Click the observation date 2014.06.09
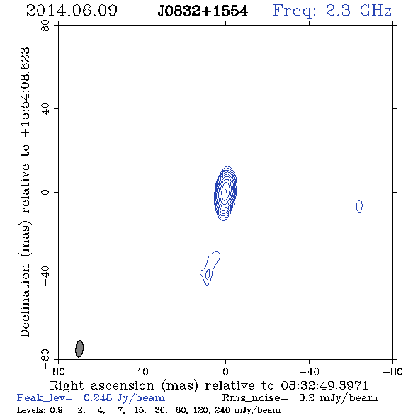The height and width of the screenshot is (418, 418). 72,11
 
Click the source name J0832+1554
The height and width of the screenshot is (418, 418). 203,11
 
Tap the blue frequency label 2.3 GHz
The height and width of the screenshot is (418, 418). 358,11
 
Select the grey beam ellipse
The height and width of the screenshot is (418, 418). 79,349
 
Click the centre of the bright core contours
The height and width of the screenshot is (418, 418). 225,191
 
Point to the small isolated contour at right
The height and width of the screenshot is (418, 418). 359,206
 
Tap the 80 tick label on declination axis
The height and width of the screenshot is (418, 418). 45,26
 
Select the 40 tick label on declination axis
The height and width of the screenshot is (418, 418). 45,109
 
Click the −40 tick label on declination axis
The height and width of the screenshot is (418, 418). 45,276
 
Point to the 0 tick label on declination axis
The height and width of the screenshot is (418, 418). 45,192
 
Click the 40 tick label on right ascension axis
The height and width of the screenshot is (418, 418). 142,371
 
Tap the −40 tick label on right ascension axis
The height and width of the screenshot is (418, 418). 309,371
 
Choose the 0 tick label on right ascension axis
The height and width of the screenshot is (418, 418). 225,371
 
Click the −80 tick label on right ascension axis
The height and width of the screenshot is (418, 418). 392,371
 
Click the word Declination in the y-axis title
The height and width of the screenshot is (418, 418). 25,300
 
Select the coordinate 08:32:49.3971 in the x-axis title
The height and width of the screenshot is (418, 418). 324,385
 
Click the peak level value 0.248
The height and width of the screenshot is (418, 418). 98,397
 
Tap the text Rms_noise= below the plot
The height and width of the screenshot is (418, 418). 255,398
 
